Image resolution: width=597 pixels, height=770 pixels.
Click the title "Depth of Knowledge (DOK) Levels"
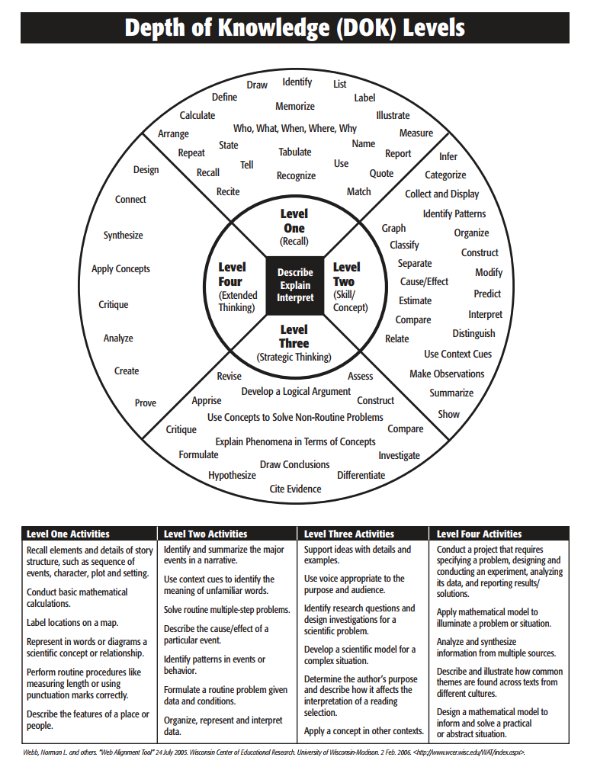point(294,28)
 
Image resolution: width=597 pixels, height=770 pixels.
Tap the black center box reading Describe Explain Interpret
point(295,285)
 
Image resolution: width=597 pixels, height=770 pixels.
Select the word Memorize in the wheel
point(295,106)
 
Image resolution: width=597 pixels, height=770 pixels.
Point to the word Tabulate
point(295,152)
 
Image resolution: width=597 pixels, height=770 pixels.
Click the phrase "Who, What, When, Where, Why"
point(295,128)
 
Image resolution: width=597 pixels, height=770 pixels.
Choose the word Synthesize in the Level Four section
point(124,235)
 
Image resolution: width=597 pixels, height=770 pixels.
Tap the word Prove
point(146,403)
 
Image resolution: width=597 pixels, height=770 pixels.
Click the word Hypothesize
point(233,475)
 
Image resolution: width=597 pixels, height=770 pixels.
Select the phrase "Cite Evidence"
point(296,489)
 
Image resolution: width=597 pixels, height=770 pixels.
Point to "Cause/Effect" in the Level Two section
point(425,281)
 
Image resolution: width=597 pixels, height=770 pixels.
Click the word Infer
point(448,156)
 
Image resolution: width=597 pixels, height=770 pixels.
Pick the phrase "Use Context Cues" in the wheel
point(458,354)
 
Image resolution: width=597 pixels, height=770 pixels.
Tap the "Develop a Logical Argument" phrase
point(297,391)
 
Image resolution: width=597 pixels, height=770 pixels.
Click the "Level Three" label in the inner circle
point(294,336)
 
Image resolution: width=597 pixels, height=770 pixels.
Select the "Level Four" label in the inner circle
point(232,274)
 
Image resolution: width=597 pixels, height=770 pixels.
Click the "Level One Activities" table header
point(69,534)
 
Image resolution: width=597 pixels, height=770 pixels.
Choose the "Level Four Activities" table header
point(480,534)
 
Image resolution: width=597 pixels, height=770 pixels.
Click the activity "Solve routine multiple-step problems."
point(227,610)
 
